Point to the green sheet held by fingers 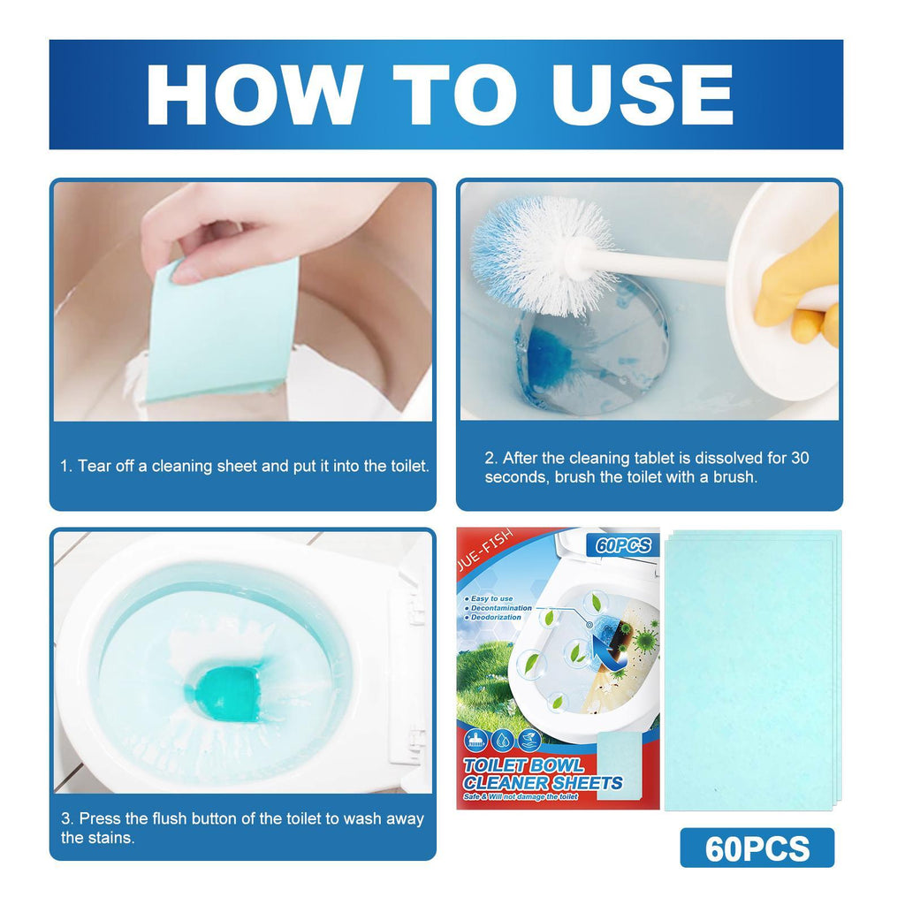pos(221,331)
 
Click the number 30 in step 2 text pos(799,458)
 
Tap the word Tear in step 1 pos(95,466)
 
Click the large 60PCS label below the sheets pos(757,848)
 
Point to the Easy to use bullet pos(492,599)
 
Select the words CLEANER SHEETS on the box pos(544,782)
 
